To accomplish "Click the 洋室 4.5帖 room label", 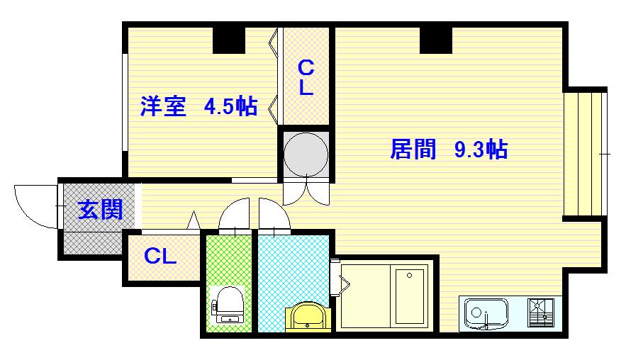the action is point(199,106).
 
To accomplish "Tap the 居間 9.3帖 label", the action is point(449,150).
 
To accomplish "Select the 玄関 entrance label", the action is point(100,210).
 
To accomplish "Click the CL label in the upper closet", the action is point(306,78).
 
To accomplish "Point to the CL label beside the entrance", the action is point(160,256).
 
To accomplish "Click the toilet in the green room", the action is point(228,304).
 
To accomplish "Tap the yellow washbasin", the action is point(308,317).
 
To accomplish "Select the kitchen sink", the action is point(486,314).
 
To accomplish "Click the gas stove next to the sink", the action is point(541,313).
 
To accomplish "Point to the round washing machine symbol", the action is point(306,154).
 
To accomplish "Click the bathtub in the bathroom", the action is point(410,296).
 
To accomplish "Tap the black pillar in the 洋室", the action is point(229,40).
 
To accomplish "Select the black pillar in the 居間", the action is point(435,40).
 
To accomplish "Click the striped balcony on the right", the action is point(584,154).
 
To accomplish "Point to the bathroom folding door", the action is point(340,278).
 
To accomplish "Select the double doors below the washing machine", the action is point(306,193).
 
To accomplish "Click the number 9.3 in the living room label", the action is point(469,150).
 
